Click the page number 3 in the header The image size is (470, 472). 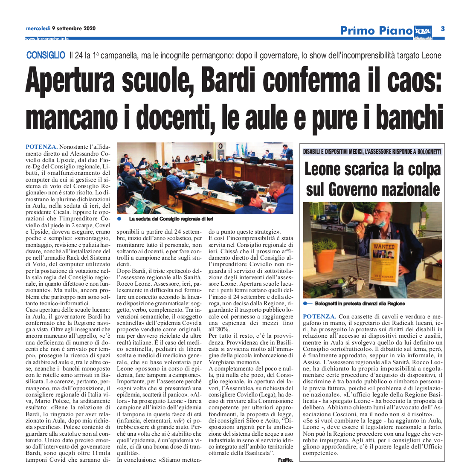click(443, 29)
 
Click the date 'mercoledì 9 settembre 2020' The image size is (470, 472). click(61, 29)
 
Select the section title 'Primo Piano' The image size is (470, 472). click(376, 31)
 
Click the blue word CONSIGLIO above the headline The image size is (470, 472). click(46, 55)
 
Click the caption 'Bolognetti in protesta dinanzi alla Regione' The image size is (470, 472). click(360, 304)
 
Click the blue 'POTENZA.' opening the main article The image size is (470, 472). click(42, 147)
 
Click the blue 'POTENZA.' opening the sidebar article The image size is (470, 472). click(319, 316)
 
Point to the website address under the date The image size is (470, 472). click(47, 39)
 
